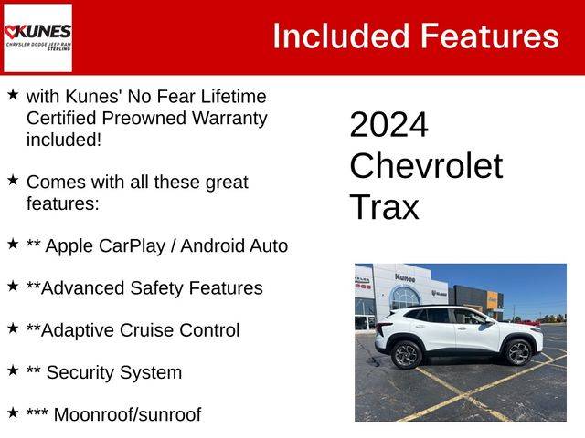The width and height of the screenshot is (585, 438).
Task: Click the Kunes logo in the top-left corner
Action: [37, 37]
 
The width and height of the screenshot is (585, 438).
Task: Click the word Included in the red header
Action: [341, 36]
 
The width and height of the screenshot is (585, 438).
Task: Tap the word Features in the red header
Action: [490, 36]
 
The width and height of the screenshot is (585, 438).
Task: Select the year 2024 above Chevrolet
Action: [388, 125]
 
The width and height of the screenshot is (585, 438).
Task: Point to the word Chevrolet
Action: [426, 166]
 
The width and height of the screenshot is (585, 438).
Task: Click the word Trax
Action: [384, 207]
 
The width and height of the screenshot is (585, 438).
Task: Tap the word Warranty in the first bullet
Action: [229, 120]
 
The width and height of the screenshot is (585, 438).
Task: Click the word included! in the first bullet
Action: [64, 140]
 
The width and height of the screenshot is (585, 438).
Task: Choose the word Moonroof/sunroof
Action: [128, 415]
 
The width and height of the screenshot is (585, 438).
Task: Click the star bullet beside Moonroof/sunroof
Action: [13, 412]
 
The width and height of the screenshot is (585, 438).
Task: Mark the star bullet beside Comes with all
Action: [13, 181]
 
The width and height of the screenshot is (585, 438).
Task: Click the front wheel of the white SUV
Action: [517, 352]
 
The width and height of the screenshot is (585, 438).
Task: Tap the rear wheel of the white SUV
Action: [406, 355]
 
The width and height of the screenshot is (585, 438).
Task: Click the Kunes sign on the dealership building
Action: [405, 277]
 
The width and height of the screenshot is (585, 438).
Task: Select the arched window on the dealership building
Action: [404, 298]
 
